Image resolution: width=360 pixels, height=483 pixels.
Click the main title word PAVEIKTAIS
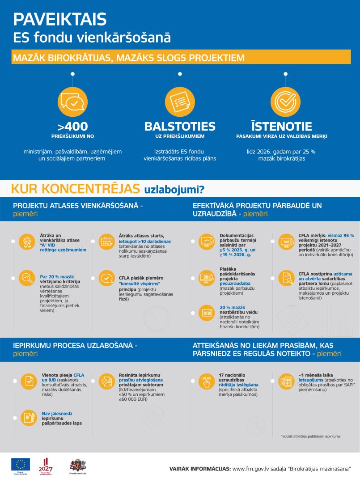(60, 20)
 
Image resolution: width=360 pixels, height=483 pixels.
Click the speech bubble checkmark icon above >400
(72, 102)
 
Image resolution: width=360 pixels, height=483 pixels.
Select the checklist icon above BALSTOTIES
(180, 102)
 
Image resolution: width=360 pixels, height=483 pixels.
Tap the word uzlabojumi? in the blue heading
(174, 190)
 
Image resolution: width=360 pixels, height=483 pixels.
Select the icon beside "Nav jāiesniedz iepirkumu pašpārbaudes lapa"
(27, 417)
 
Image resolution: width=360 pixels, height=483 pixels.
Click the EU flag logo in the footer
(21, 464)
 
